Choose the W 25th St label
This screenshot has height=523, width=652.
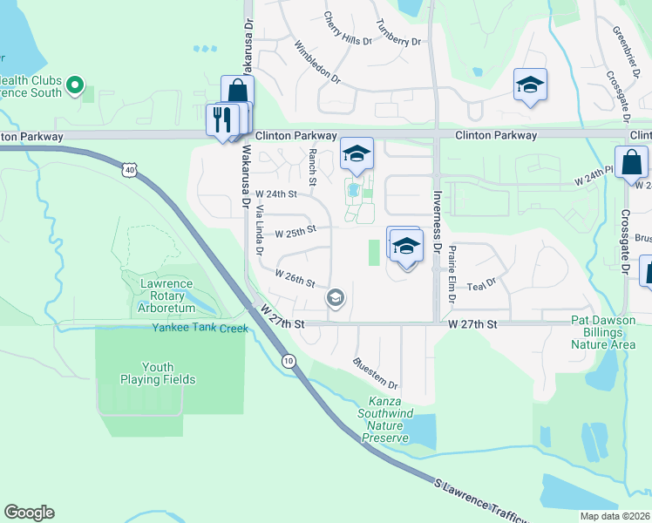(x=294, y=234)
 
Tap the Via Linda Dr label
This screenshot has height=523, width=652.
(x=259, y=228)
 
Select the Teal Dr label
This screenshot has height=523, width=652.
(x=480, y=283)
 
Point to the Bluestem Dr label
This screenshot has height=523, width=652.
(x=376, y=372)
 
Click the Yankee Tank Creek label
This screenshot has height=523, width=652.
(x=200, y=328)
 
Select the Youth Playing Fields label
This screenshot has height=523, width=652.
(x=158, y=373)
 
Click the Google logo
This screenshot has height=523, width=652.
(x=29, y=513)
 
